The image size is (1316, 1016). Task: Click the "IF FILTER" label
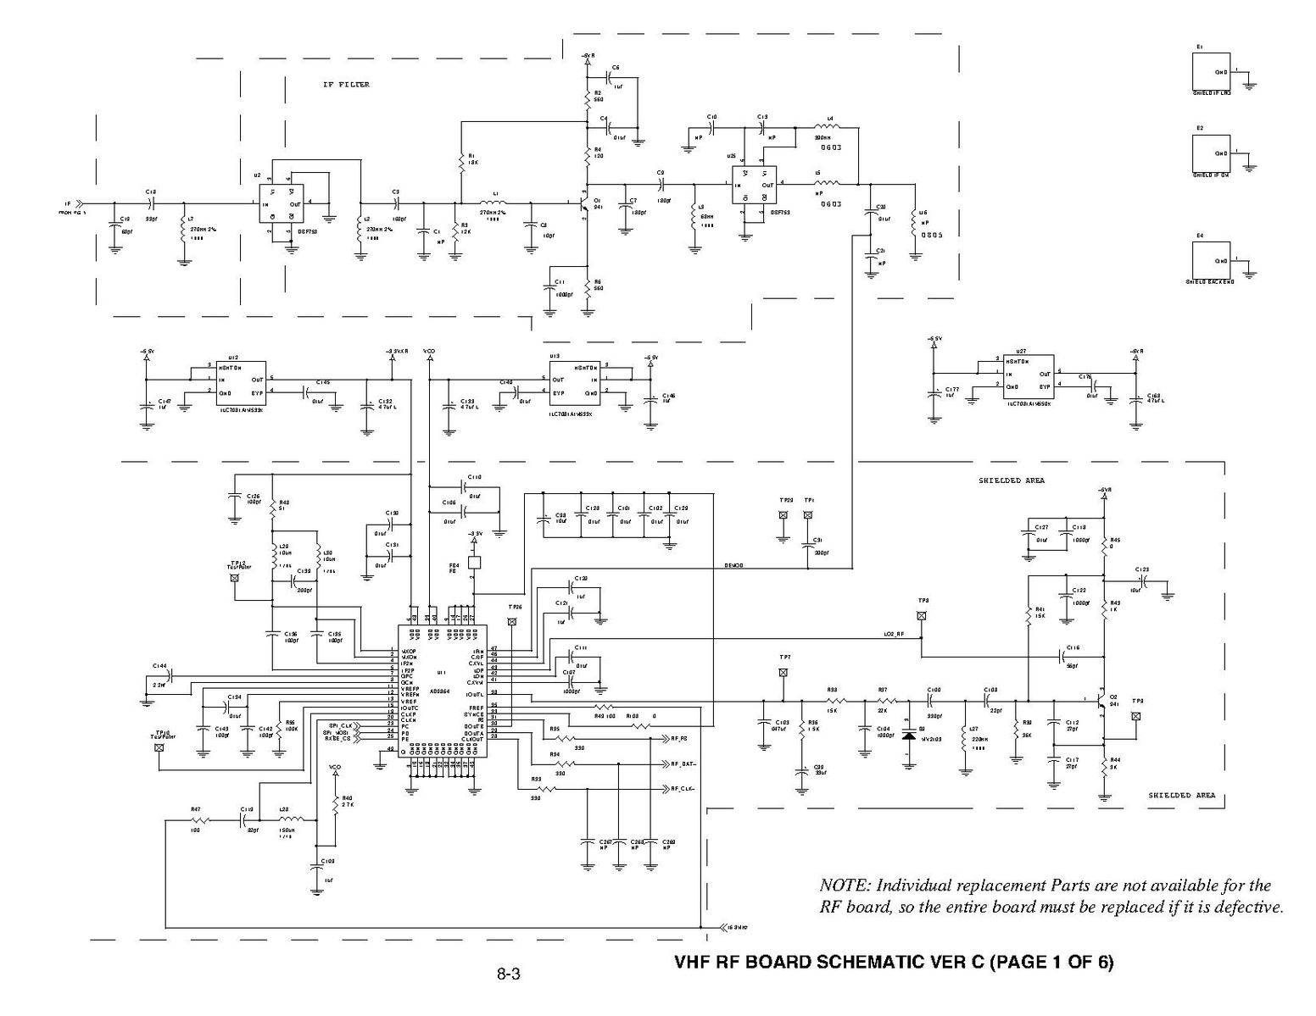[346, 85]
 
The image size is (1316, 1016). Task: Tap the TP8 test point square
[922, 616]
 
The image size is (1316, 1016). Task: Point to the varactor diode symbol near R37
[910, 735]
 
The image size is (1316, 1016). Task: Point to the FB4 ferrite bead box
[475, 562]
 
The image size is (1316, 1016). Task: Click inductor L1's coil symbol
[491, 203]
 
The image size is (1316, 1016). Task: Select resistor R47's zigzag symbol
[200, 820]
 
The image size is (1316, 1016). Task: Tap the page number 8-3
[508, 974]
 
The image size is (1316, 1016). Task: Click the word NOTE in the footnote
[843, 886]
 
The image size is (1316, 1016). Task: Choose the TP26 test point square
[512, 622]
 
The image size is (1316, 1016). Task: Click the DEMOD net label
[734, 565]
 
